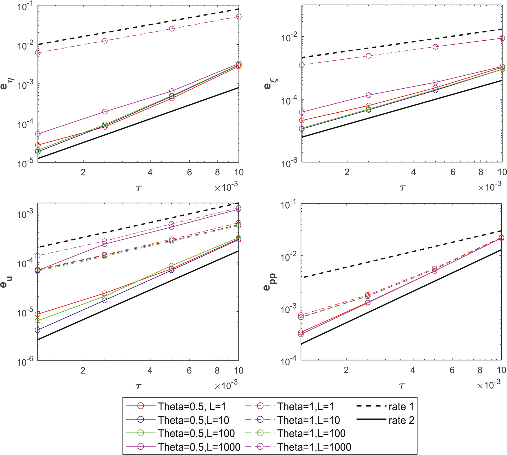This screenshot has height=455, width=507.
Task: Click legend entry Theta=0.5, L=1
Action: click(x=192, y=406)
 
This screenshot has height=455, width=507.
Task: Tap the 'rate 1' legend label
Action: click(x=401, y=406)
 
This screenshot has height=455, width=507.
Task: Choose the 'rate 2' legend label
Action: click(x=401, y=420)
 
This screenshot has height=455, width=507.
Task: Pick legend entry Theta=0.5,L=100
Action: click(x=196, y=433)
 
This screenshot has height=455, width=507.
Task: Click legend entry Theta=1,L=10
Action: click(x=308, y=420)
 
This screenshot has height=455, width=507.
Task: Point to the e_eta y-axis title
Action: click(x=5, y=84)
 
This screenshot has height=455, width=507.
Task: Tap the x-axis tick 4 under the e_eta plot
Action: click(x=150, y=172)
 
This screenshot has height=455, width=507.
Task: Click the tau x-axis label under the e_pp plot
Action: click(x=402, y=386)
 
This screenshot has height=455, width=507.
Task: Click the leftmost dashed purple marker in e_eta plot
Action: click(x=38, y=53)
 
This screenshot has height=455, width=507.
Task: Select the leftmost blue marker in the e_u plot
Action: click(x=38, y=330)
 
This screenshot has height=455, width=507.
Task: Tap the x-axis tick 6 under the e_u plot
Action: click(x=189, y=371)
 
